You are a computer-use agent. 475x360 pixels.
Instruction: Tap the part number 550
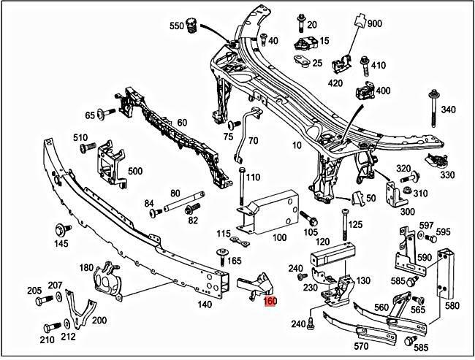(177, 26)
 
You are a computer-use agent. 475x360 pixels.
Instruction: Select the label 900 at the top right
(375, 23)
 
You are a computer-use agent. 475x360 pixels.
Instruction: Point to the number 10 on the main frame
(297, 145)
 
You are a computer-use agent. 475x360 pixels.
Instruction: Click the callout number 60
(181, 122)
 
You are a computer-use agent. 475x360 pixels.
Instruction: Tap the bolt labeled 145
(60, 229)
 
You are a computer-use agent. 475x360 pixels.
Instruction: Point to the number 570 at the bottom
(361, 346)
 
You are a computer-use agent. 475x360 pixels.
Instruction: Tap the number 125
(355, 224)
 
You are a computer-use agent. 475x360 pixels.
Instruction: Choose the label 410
(378, 66)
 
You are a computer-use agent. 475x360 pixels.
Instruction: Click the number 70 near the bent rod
(253, 139)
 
